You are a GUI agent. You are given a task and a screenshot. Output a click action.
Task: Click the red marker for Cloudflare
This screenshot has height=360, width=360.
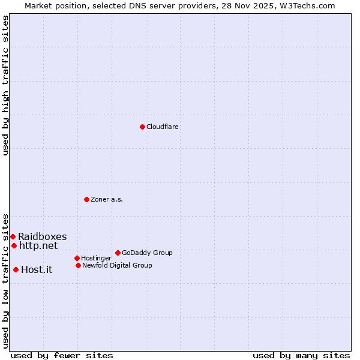click(142, 127)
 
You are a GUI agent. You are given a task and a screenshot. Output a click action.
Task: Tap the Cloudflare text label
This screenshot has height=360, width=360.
click(162, 127)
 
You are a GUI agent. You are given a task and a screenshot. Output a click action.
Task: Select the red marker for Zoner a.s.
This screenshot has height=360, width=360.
click(86, 199)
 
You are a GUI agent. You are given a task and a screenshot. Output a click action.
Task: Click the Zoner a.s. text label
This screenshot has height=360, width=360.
click(107, 199)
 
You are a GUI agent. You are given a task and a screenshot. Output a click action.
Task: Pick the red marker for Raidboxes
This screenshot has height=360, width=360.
click(13, 236)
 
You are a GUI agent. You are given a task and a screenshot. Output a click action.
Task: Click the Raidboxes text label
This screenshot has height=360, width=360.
click(42, 236)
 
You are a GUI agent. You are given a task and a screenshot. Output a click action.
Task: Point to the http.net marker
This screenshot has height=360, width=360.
click(14, 245)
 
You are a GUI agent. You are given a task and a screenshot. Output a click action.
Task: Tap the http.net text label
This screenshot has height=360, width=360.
click(38, 245)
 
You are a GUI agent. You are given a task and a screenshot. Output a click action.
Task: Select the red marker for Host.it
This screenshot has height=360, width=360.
click(16, 269)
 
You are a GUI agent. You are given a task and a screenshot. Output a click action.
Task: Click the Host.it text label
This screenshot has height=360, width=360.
click(37, 269)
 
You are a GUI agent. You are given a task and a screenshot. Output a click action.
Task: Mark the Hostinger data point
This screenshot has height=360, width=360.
click(77, 258)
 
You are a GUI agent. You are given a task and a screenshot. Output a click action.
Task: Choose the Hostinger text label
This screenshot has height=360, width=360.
click(96, 258)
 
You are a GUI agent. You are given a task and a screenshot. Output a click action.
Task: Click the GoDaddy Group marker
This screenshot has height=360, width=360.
click(118, 253)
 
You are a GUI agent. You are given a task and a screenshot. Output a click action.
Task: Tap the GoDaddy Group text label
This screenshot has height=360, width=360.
click(147, 253)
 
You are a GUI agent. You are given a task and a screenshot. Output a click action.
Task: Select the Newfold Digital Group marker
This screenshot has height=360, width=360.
click(78, 265)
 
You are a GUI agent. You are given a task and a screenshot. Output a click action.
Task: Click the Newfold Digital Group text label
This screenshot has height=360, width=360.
click(117, 265)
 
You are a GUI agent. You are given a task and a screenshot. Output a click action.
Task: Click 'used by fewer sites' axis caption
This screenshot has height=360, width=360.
click(62, 355)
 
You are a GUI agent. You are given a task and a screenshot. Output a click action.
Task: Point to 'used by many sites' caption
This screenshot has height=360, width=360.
click(301, 355)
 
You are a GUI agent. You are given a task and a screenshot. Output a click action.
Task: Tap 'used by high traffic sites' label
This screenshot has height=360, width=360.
click(5, 85)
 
